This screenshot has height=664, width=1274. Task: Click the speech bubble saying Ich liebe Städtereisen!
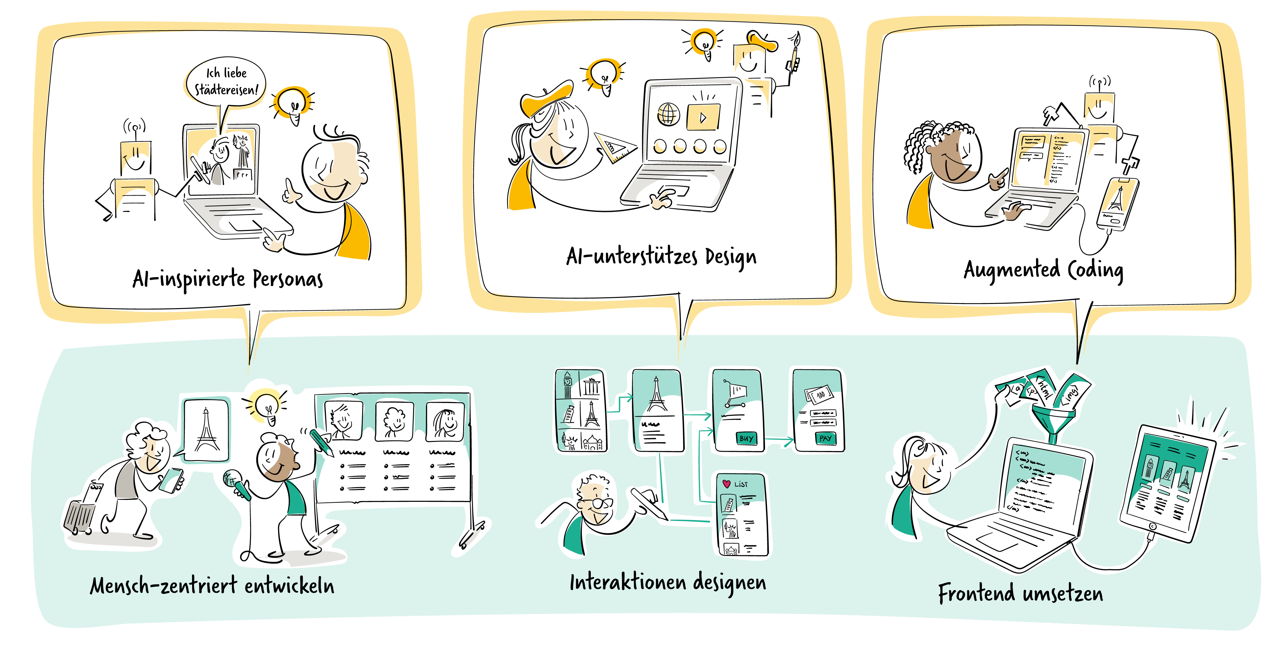point(226,82)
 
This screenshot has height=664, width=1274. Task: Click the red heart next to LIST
point(726,484)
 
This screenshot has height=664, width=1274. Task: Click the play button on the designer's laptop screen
point(703,117)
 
